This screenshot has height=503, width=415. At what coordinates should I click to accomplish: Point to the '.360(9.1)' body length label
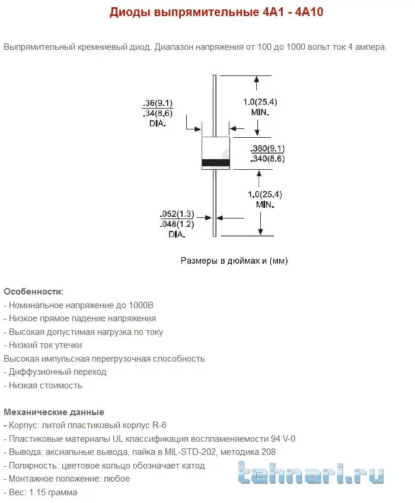(x=268, y=148)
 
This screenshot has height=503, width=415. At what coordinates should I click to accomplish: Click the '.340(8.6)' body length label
(x=268, y=159)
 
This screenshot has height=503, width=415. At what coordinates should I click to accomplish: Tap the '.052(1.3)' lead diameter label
(x=177, y=214)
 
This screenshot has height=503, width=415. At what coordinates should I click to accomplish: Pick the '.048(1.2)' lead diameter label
(x=177, y=224)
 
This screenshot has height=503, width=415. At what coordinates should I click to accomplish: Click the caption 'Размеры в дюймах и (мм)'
(x=234, y=261)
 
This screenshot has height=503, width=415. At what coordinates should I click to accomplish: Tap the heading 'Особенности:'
(x=33, y=292)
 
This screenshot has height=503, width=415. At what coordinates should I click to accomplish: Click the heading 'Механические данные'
(x=54, y=412)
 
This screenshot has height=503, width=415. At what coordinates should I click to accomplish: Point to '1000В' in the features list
(x=141, y=305)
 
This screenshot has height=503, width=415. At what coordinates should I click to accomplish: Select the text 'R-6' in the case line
(x=159, y=425)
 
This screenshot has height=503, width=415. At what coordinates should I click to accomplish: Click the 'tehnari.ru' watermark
(x=311, y=475)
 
